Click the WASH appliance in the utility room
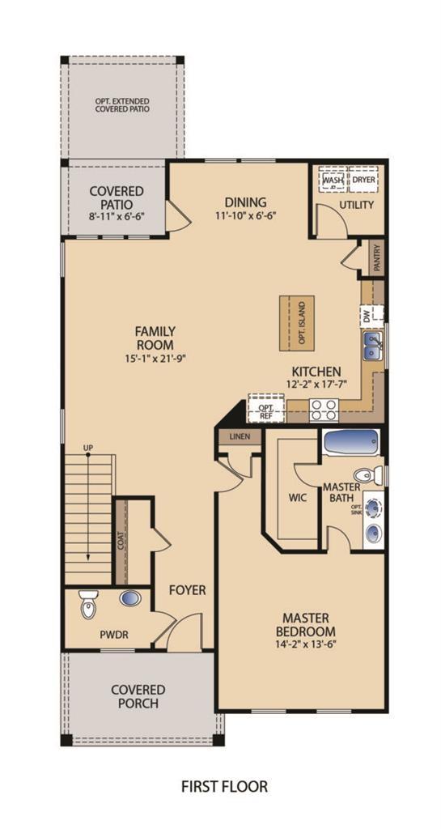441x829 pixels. coord(332,181)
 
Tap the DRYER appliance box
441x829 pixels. coord(363,181)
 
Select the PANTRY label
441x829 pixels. coord(376,257)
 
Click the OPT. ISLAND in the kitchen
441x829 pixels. coord(297,323)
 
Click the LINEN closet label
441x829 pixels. coord(240,436)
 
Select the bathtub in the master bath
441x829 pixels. coord(351,444)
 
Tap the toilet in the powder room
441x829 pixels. coord(87,604)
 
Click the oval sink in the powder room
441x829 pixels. coord(129,598)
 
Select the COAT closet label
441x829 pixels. coord(121,540)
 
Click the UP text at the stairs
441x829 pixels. coord(87,447)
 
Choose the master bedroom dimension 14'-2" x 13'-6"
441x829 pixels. coord(306,645)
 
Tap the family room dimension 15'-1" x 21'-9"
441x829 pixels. coord(155,359)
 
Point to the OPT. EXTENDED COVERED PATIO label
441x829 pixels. coord(122,104)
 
